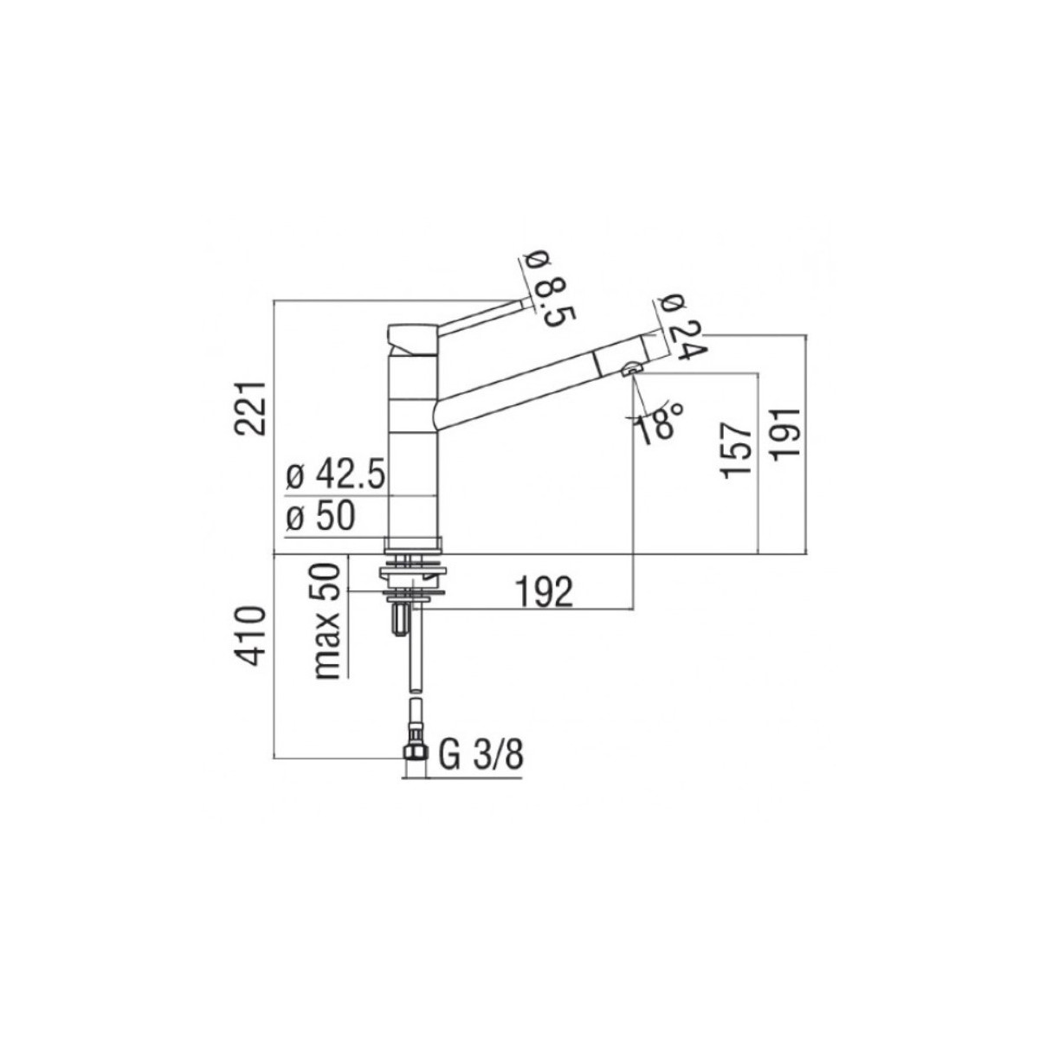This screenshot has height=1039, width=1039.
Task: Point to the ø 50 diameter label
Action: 321,518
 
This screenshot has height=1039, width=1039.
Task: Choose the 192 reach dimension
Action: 545,592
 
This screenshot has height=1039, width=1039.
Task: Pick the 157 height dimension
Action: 735,450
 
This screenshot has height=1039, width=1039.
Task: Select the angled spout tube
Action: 519,381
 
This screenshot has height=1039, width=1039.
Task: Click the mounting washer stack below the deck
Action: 413,576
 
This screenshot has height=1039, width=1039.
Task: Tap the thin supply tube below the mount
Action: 414,658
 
